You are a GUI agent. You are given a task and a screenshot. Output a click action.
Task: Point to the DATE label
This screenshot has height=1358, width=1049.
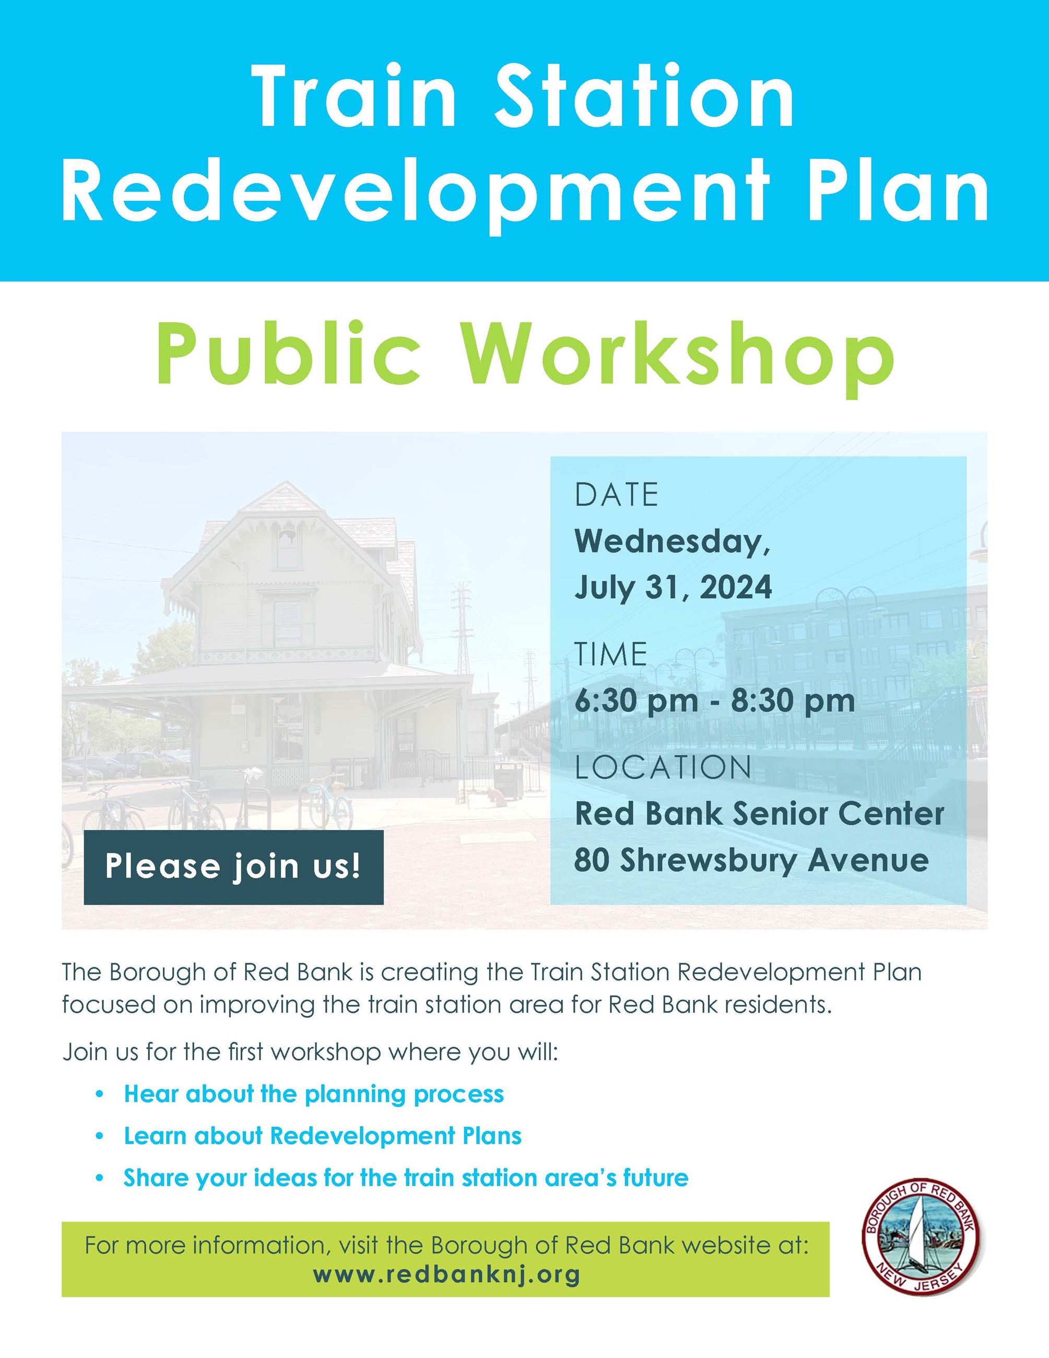616,496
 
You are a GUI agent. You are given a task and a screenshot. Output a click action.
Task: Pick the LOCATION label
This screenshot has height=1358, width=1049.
663,767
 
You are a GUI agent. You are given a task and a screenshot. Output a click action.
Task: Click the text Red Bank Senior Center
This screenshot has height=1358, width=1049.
759,813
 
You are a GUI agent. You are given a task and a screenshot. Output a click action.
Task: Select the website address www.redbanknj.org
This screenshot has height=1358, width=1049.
446,1274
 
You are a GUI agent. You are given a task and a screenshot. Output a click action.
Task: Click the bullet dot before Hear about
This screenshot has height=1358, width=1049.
99,1094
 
